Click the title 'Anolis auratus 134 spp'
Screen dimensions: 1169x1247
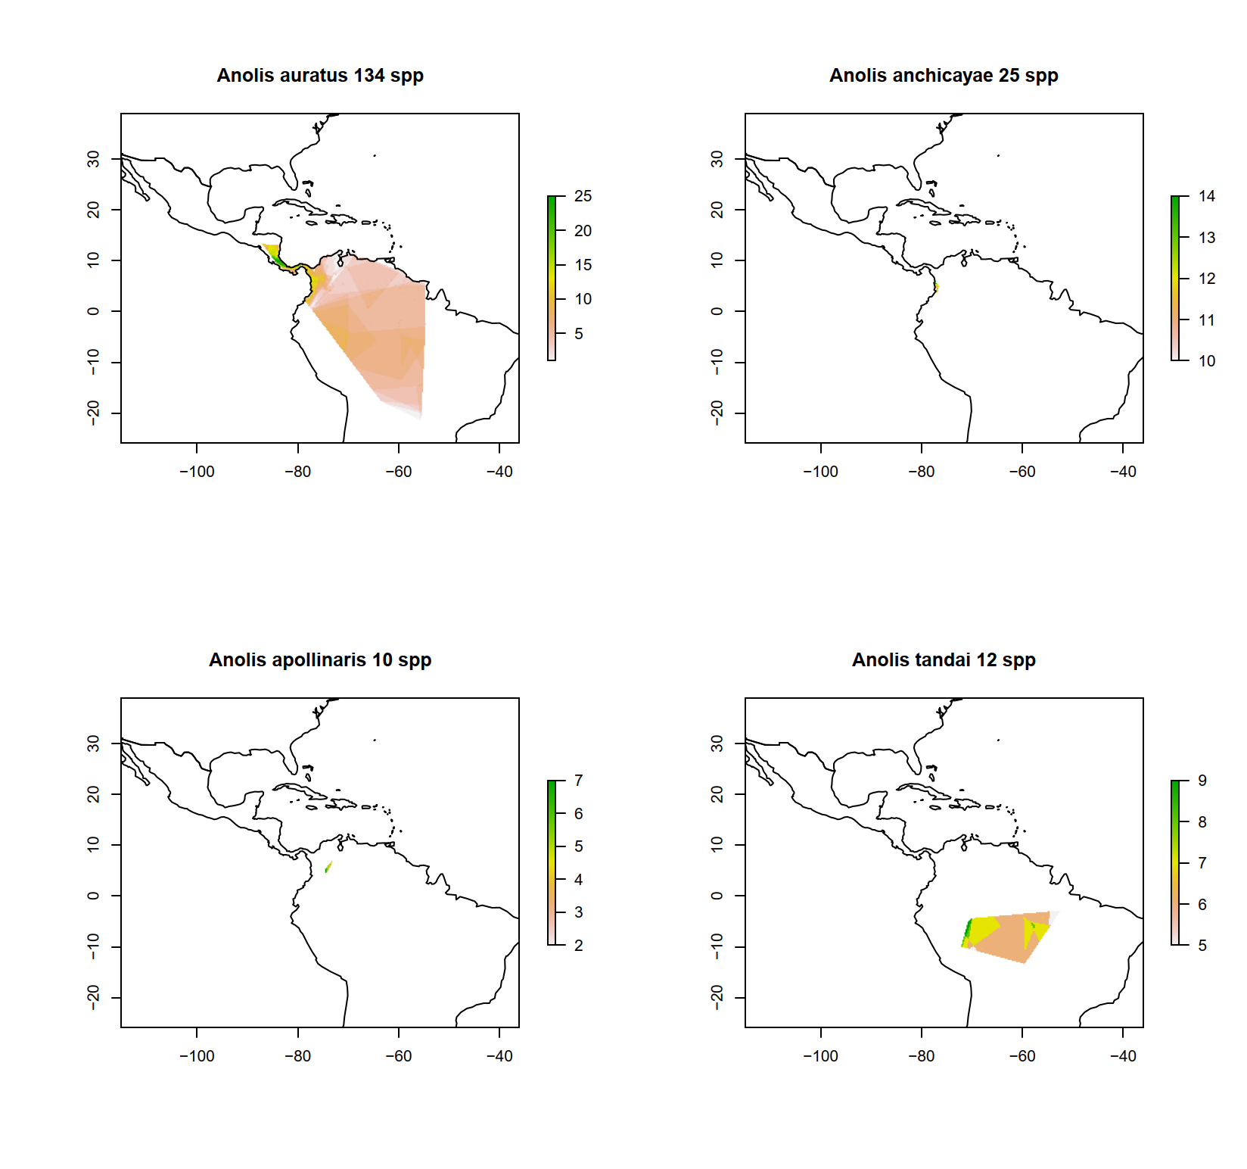(x=320, y=76)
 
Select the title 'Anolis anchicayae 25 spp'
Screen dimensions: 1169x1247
(x=944, y=76)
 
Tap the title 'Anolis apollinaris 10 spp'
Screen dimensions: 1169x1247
(x=320, y=660)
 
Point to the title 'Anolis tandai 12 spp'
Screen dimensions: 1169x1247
(x=944, y=660)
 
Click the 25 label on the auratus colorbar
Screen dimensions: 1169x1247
(x=583, y=196)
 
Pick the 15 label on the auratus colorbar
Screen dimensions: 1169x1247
(x=583, y=265)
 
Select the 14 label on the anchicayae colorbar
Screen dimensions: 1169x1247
(x=1207, y=196)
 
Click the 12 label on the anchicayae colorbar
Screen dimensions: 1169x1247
(x=1207, y=279)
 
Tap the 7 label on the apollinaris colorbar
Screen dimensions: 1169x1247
(x=579, y=781)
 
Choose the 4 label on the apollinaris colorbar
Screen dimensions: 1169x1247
(x=579, y=880)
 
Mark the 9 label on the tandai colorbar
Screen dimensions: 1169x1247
(x=1202, y=781)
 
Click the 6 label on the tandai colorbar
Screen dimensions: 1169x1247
(x=1202, y=905)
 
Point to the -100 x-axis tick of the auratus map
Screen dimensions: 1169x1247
(x=197, y=472)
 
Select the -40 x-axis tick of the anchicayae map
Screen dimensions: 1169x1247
(x=1123, y=472)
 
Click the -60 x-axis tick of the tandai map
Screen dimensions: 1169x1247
(x=1022, y=1056)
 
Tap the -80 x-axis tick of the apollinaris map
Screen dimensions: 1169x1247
(x=297, y=1056)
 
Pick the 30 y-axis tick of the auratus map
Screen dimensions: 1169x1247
(x=93, y=158)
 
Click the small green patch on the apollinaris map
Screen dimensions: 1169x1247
(x=328, y=868)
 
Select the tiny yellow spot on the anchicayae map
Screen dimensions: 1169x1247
(x=937, y=287)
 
